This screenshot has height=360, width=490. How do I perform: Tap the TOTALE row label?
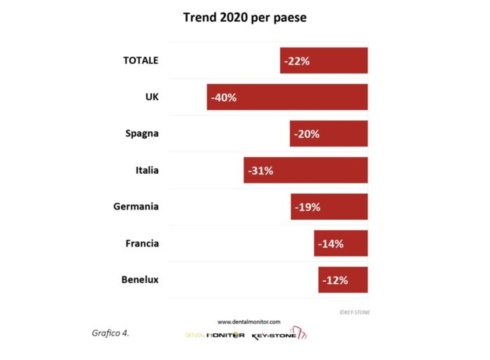pos(141,60)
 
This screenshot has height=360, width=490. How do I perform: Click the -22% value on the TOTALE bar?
pos(297,61)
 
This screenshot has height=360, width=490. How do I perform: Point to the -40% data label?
pos(224,98)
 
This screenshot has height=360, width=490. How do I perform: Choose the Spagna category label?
pos(142,134)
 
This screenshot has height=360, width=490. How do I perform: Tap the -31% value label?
pos(261,171)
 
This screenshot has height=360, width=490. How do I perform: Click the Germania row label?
pos(136,207)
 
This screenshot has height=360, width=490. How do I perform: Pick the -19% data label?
pos(307,207)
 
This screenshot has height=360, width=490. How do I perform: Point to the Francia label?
pos(142,243)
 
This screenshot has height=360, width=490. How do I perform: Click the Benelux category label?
pos(140,280)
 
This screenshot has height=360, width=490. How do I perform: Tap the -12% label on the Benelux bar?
pos(335,280)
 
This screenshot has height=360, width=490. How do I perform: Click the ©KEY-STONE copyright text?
pos(355,312)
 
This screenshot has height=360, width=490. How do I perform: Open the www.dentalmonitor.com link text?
pos(249,322)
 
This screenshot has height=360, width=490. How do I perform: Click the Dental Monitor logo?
pos(215,335)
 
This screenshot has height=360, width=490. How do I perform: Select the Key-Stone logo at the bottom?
pos(279,334)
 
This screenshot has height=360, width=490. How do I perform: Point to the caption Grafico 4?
pos(110,333)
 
